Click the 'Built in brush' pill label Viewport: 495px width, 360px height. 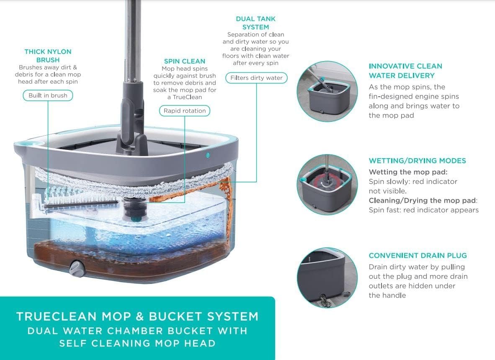(48, 95)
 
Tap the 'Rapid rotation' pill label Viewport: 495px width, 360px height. (185, 111)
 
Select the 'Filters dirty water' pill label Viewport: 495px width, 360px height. (256, 78)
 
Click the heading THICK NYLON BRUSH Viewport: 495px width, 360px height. (48, 56)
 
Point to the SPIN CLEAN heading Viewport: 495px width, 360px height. (184, 61)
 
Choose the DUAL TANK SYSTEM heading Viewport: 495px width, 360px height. (255, 23)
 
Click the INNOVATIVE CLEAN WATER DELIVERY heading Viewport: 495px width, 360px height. (405, 71)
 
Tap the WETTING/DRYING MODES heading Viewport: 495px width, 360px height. (417, 161)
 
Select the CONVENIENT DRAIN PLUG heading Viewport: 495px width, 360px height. (418, 255)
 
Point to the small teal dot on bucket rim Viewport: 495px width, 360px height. (207, 155)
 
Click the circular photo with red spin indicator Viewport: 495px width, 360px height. (327, 185)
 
